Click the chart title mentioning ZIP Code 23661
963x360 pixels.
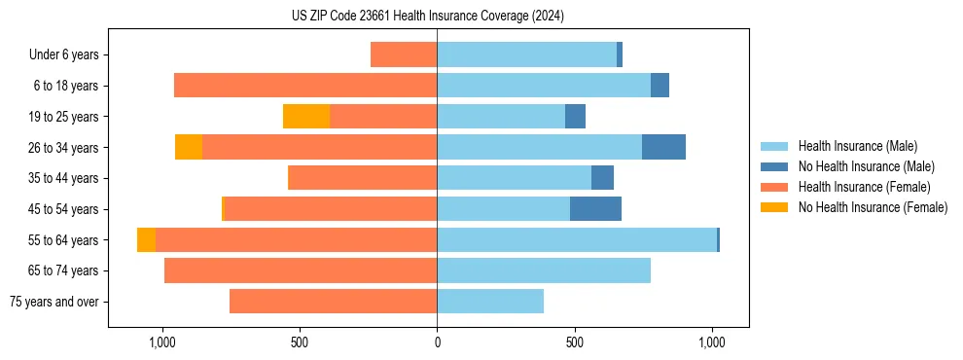point(427,16)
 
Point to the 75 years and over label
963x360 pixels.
point(53,302)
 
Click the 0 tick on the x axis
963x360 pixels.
point(437,342)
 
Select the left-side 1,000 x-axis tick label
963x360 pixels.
point(161,342)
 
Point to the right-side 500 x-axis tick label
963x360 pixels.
point(575,342)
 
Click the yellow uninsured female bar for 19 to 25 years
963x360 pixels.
point(306,117)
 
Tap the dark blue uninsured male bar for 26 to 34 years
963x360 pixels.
point(663,147)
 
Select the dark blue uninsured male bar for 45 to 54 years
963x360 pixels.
point(595,209)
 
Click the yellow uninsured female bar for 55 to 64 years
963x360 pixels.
point(146,240)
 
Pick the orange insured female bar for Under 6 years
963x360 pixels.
point(404,55)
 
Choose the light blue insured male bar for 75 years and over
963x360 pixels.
point(490,302)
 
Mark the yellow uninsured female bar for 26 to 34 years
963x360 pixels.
point(189,147)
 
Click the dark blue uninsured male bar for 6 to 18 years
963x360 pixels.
point(660,86)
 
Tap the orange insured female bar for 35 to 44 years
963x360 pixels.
point(362,178)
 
